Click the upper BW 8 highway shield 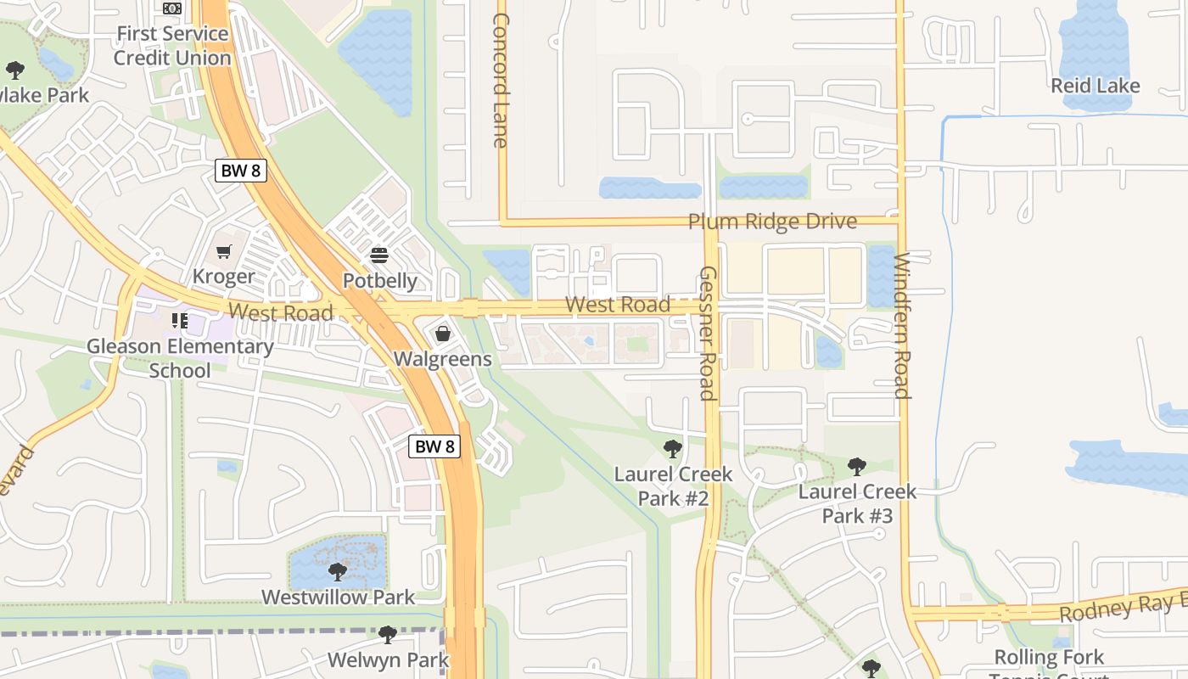tap(241, 171)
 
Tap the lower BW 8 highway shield tap(434, 446)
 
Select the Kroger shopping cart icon tap(224, 252)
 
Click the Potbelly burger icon tap(379, 255)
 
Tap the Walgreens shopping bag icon tap(442, 334)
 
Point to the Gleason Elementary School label tap(180, 358)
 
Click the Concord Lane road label tap(501, 80)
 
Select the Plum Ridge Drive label tap(772, 222)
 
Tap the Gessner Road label tap(707, 333)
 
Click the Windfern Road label tap(902, 325)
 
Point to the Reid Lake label tap(1095, 86)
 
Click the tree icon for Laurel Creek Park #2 tap(673, 448)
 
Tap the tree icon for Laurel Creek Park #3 tap(857, 466)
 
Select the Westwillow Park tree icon tap(338, 571)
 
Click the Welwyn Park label tap(388, 659)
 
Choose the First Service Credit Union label tap(172, 46)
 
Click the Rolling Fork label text tap(1049, 657)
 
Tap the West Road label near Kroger tap(281, 312)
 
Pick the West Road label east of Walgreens tap(617, 304)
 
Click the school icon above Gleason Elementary tap(180, 320)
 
